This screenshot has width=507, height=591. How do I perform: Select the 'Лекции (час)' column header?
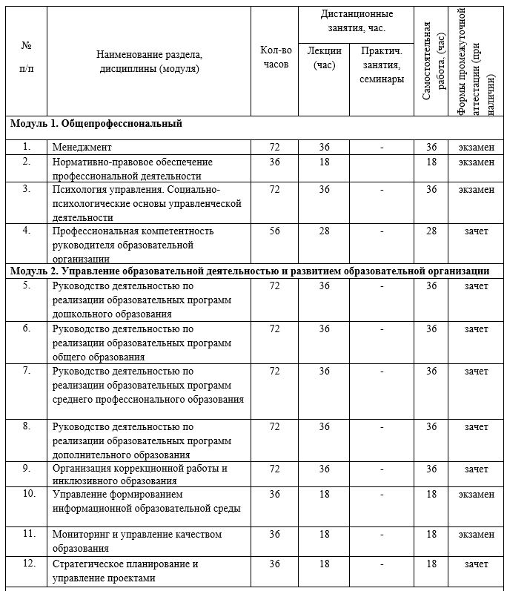pos(324,58)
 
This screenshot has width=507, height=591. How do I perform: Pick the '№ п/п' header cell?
pos(27,56)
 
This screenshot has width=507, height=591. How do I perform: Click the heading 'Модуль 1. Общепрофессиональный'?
pos(96,124)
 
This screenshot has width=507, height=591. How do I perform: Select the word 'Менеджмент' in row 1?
pos(82,148)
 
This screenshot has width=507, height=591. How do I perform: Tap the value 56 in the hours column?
pos(275,231)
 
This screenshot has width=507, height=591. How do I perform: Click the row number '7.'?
pos(27,370)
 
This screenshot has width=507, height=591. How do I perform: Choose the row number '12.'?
pos(28,564)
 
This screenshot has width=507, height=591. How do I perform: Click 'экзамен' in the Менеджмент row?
pos(476,148)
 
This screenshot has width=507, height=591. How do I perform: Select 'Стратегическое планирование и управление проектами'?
pos(125,570)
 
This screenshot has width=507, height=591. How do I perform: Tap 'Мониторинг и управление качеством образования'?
pos(137,541)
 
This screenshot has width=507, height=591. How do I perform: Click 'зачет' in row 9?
pos(476,469)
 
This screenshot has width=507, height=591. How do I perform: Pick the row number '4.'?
pos(27,231)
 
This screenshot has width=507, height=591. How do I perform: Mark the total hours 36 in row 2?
pos(275,162)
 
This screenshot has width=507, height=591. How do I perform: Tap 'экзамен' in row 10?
pos(476,494)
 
